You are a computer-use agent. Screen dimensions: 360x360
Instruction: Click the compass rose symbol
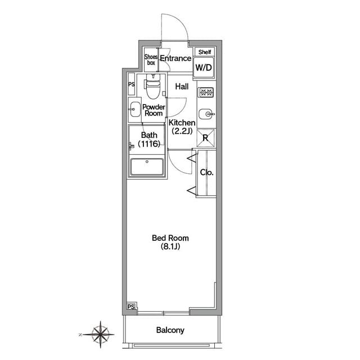click(x=100, y=334)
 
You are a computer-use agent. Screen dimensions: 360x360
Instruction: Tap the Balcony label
click(x=170, y=330)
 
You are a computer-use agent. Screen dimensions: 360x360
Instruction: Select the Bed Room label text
click(x=170, y=238)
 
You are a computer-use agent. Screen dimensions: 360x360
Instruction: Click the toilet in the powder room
click(x=152, y=86)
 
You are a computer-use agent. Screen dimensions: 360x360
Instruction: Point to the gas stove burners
click(x=206, y=92)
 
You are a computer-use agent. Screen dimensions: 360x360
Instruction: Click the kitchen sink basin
click(x=206, y=114)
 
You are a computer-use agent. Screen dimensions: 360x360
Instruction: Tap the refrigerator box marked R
click(x=205, y=138)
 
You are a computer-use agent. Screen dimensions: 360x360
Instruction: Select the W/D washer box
click(x=204, y=67)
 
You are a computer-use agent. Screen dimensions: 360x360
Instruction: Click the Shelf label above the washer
click(x=205, y=52)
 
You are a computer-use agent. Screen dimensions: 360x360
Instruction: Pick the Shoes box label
click(x=151, y=60)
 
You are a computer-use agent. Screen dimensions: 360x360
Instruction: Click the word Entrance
click(x=175, y=58)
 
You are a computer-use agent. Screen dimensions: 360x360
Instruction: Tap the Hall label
click(x=182, y=87)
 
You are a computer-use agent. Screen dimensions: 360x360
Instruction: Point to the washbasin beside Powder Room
click(x=135, y=110)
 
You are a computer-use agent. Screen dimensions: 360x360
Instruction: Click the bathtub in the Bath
click(x=147, y=166)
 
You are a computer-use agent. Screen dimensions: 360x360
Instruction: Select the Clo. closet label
click(x=206, y=173)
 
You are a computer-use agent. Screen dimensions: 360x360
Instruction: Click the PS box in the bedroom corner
click(x=131, y=307)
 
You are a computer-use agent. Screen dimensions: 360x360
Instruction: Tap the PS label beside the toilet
click(x=131, y=84)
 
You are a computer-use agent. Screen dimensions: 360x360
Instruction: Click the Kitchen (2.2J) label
click(x=182, y=127)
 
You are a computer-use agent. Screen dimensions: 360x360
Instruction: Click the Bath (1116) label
click(x=149, y=139)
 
